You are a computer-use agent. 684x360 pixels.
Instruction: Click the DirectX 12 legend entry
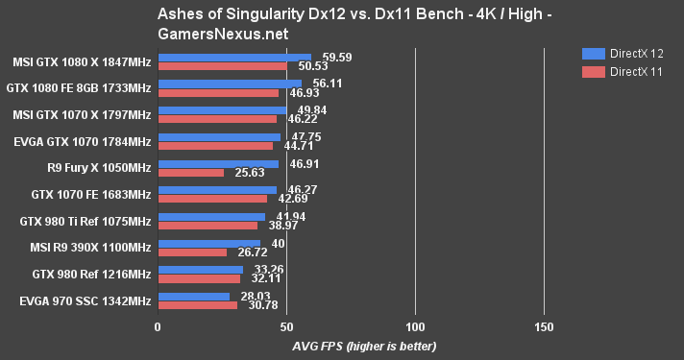pyautogui.click(x=629, y=54)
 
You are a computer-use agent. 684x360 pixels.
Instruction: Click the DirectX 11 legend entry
pyautogui.click(x=629, y=71)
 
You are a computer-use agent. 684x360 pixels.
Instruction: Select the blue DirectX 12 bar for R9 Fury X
pyautogui.click(x=217, y=164)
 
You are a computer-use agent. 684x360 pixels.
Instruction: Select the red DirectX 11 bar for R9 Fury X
pyautogui.click(x=190, y=173)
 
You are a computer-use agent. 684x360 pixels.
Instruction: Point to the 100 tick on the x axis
pyautogui.click(x=415, y=326)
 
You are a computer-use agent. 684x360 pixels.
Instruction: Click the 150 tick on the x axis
pyautogui.click(x=544, y=326)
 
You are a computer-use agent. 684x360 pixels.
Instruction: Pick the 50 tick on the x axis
pyautogui.click(x=286, y=326)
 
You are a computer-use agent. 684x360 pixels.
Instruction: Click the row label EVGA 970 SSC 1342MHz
pyautogui.click(x=85, y=301)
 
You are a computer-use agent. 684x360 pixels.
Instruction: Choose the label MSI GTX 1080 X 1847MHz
pyautogui.click(x=81, y=61)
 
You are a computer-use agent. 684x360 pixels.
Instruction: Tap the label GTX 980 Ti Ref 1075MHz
pyautogui.click(x=85, y=221)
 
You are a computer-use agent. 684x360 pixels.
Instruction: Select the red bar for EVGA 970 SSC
pyautogui.click(x=197, y=305)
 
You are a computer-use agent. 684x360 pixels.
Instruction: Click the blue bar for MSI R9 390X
pyautogui.click(x=208, y=245)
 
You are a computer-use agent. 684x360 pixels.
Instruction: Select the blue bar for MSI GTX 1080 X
pyautogui.click(x=234, y=58)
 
